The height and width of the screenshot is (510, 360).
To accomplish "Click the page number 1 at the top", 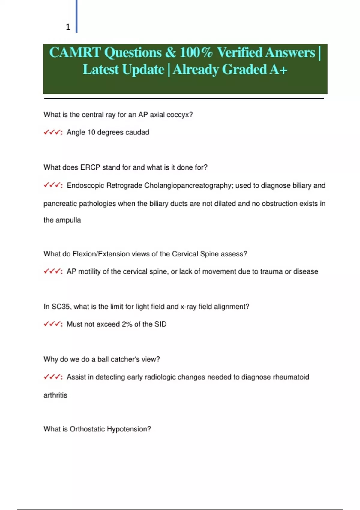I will [68, 27].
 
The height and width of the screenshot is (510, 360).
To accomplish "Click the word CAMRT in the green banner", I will [75, 52].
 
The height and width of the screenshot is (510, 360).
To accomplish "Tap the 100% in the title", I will [196, 52].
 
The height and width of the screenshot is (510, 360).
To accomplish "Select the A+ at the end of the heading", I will [278, 70].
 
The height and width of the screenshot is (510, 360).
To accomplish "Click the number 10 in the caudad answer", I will [91, 132].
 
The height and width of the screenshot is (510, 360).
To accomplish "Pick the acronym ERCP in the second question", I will [90, 167].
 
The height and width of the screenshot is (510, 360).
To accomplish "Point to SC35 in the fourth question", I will [61, 307].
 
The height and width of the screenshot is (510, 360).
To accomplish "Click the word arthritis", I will [55, 395].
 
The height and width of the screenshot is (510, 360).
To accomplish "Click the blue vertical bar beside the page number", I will [76, 16].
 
